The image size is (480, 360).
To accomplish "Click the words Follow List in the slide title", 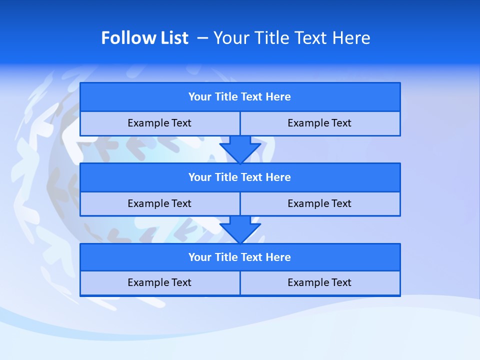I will click(144, 38).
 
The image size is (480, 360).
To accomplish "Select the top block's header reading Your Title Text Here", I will click(239, 97).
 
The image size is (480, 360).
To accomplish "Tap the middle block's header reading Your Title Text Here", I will click(239, 177).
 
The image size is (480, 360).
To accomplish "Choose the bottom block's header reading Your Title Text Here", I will click(239, 257).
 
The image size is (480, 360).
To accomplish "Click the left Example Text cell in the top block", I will click(159, 123).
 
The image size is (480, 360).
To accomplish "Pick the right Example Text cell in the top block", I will click(319, 123).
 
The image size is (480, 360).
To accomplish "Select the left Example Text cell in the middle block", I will click(159, 203).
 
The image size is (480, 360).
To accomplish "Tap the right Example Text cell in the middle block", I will click(319, 203).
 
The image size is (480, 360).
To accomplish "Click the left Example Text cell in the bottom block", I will click(159, 282).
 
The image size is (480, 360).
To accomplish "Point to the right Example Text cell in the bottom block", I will click(319, 282).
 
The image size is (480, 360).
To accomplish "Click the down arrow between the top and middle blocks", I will click(240, 149).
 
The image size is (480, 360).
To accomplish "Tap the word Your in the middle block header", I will click(200, 177).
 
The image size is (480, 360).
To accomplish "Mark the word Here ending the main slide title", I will click(353, 38).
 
